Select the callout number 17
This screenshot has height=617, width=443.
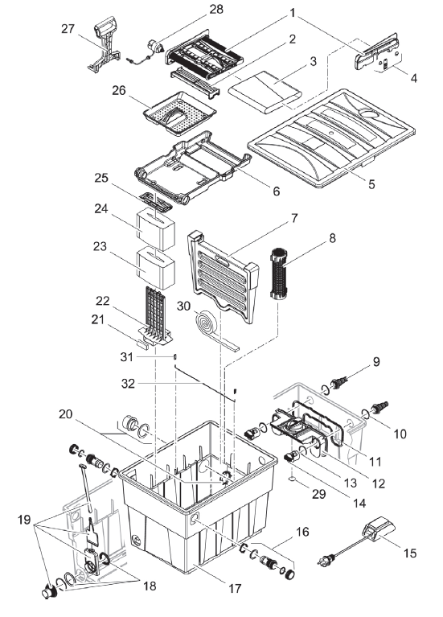(x=234, y=588)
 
